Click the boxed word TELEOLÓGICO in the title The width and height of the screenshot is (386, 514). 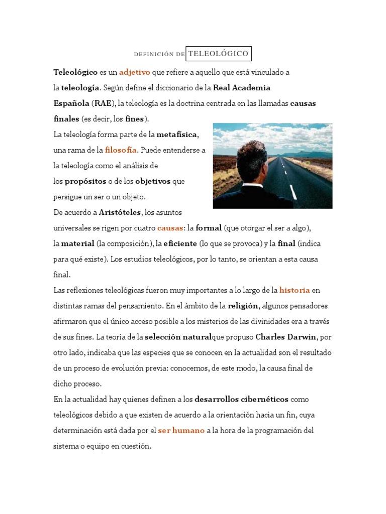[x=218, y=53]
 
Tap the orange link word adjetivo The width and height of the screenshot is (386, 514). [x=135, y=72]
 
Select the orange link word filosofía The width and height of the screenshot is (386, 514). [x=121, y=150]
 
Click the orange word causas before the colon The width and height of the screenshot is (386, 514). [x=170, y=228]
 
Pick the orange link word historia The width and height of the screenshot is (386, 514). [x=295, y=290]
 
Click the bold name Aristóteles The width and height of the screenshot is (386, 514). [x=121, y=212]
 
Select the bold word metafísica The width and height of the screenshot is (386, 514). [x=177, y=135]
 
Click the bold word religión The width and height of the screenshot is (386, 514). [x=243, y=306]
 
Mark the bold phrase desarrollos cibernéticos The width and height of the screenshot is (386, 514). [x=242, y=400]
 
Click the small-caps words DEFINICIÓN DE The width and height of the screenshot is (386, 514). [x=159, y=54]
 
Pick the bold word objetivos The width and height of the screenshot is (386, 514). [x=153, y=181]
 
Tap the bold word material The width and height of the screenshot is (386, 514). [x=78, y=243]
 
